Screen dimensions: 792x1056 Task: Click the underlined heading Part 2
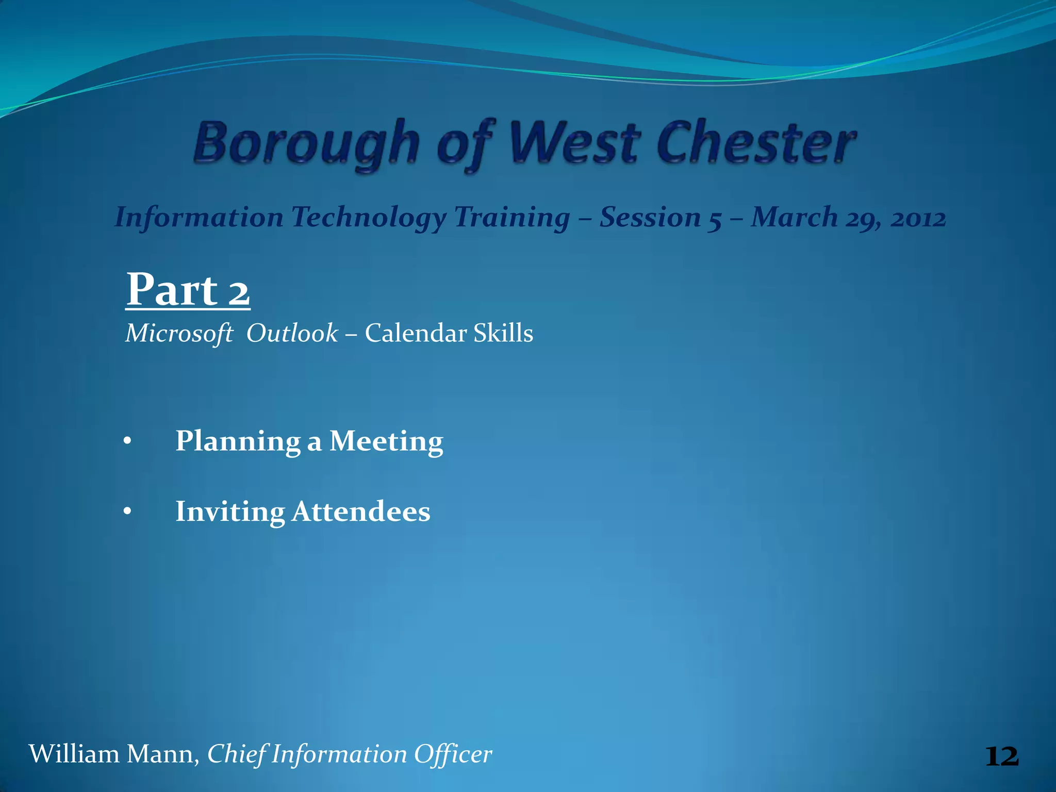tap(188, 290)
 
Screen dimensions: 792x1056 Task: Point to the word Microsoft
tap(179, 333)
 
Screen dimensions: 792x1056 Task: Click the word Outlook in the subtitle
tap(292, 333)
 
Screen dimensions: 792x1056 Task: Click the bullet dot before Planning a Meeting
tap(127, 442)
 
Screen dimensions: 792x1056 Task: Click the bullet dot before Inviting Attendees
tap(127, 512)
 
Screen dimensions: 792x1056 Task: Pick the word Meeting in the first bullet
tap(386, 442)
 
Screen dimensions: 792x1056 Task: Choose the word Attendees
tap(360, 512)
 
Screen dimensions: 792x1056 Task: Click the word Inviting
tap(229, 512)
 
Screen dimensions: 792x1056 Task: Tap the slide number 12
tap(1001, 756)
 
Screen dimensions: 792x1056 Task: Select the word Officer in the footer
tap(453, 754)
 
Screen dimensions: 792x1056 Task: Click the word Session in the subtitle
tap(650, 218)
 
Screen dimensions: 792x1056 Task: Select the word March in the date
tap(794, 218)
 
